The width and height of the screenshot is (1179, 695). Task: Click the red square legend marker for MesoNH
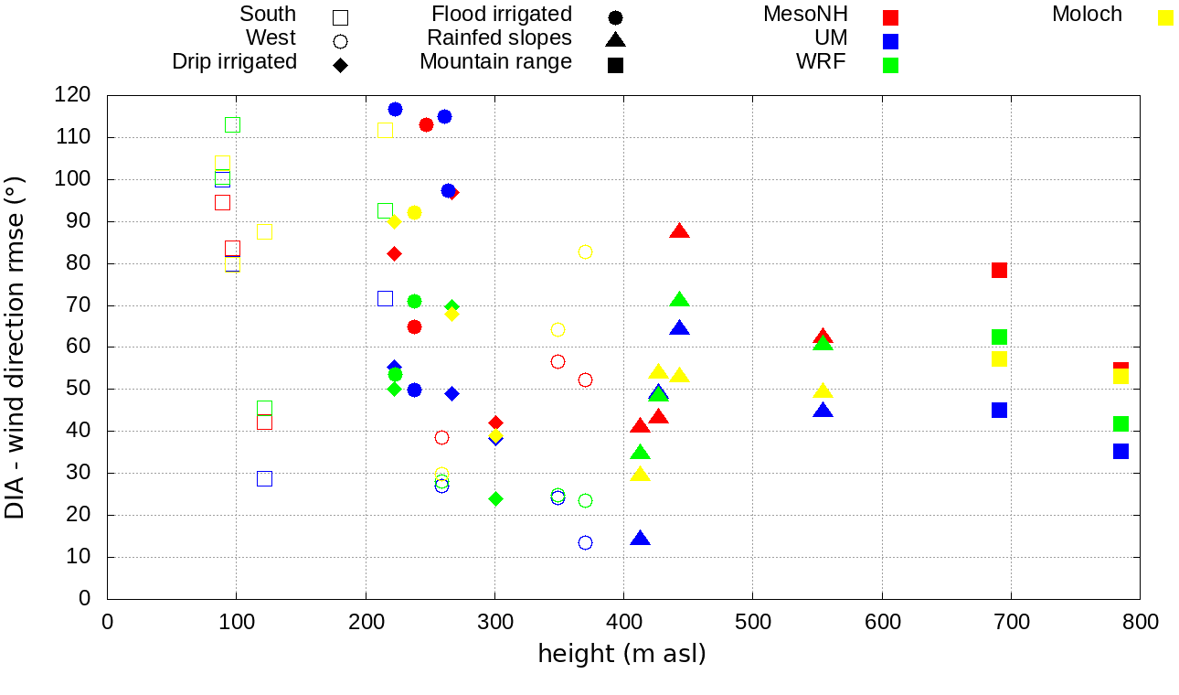coord(891,17)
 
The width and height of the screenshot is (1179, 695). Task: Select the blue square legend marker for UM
coord(891,41)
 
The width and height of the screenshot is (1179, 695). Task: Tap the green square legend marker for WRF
coord(891,65)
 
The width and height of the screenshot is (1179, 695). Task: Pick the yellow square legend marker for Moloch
coord(1165,17)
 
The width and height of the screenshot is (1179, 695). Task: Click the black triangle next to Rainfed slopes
coord(615,39)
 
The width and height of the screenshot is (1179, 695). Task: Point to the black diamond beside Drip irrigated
coord(340,65)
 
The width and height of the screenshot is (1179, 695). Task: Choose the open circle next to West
coord(340,41)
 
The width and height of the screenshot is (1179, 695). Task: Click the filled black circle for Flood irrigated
coord(615,17)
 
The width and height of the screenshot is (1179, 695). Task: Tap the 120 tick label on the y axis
coord(72,95)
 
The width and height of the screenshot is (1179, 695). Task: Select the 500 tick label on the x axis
coord(752,623)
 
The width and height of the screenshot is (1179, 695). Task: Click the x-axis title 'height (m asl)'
coord(621,654)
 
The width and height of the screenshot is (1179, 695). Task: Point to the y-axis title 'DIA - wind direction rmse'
coord(16,347)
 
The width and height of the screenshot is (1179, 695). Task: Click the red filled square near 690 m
coord(999,270)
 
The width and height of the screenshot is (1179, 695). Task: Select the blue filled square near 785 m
coord(1121,451)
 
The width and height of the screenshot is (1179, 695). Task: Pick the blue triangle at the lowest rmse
coord(640,540)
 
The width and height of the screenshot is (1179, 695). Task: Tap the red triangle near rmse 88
coord(679,231)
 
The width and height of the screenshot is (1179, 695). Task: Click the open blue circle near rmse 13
coord(585,542)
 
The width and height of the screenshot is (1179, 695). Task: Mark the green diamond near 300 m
coord(495,498)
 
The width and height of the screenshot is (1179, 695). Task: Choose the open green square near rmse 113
coord(232,124)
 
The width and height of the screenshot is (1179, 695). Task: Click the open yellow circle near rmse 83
coord(585,251)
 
